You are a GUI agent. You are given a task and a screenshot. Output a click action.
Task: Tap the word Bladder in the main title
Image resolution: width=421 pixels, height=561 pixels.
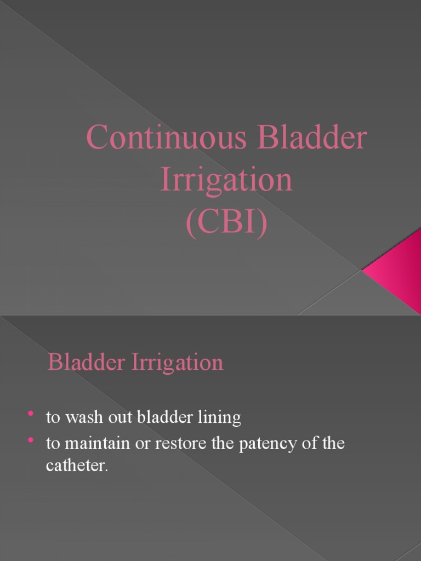[x=312, y=138]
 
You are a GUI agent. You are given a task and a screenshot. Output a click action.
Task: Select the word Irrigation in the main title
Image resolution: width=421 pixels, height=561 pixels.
[x=226, y=180]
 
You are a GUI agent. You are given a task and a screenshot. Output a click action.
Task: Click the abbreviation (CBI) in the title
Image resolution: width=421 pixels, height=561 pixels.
[x=226, y=223]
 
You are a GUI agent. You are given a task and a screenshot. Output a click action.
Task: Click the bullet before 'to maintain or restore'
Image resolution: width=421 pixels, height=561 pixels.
[x=31, y=440]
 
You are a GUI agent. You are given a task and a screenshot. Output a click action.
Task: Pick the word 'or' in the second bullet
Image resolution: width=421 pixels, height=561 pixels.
[x=144, y=444]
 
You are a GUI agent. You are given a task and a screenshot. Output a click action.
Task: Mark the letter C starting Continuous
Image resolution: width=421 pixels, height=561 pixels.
[x=97, y=138]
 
